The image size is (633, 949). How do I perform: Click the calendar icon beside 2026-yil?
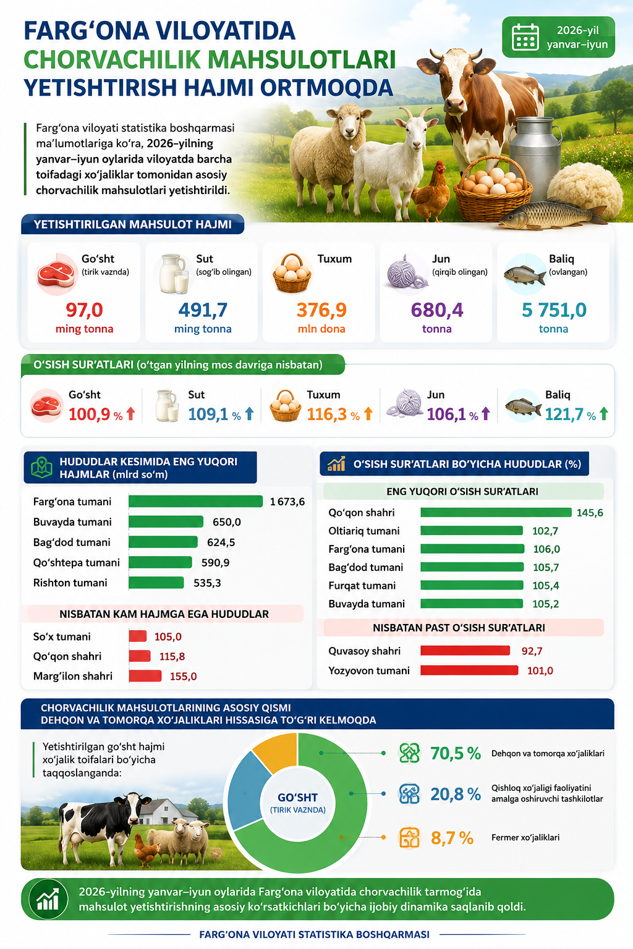[x=525, y=37]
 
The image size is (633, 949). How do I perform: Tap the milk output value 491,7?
[x=203, y=310]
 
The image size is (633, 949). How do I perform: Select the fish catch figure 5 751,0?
[x=554, y=310]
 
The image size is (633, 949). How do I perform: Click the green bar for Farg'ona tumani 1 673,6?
[x=195, y=501]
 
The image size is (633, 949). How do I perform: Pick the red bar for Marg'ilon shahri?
[x=145, y=676]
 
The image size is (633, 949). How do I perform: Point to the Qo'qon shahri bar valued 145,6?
[x=496, y=512]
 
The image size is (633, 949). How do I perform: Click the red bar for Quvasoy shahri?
[x=465, y=651]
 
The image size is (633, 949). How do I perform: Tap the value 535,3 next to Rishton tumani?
[x=207, y=583]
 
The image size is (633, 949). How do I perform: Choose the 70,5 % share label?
[x=456, y=753]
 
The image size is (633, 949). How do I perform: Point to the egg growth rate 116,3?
[x=326, y=414]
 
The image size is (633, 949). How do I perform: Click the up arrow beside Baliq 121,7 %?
[x=604, y=414]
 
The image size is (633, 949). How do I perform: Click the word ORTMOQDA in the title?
[x=326, y=88]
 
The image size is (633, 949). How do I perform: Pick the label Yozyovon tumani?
[x=369, y=670]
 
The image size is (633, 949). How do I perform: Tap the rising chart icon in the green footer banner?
[x=48, y=899]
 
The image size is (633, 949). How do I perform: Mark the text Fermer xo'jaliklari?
[x=525, y=838]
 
